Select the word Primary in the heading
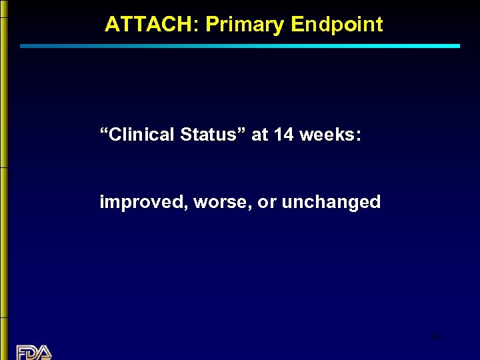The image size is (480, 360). (x=245, y=25)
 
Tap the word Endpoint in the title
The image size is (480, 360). (x=337, y=25)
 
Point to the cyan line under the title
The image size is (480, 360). (x=240, y=46)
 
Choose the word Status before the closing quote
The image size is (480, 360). (x=212, y=135)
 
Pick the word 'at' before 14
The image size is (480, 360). (x=260, y=135)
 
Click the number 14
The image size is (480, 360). (x=283, y=135)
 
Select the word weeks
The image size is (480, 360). (x=327, y=135)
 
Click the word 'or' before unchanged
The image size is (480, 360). (x=267, y=202)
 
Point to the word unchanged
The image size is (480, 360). (x=331, y=202)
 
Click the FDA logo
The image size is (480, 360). (x=34, y=352)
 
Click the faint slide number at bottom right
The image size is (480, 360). (x=435, y=338)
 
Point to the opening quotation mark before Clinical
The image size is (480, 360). (x=104, y=131)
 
